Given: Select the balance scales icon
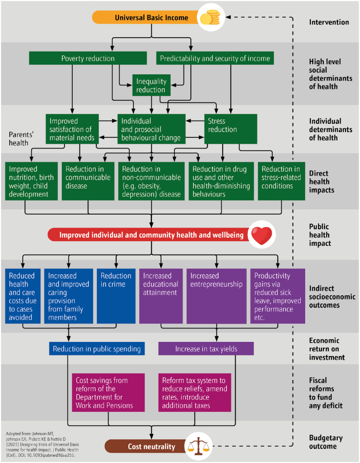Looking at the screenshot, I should [199, 446].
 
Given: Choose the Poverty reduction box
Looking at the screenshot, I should [88, 58].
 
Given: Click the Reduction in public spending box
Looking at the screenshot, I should [96, 349].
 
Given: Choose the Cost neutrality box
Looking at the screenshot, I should [151, 447].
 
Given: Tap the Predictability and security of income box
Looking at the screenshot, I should [215, 58].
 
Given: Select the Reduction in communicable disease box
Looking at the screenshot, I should [87, 181].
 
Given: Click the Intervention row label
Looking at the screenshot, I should [329, 22].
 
